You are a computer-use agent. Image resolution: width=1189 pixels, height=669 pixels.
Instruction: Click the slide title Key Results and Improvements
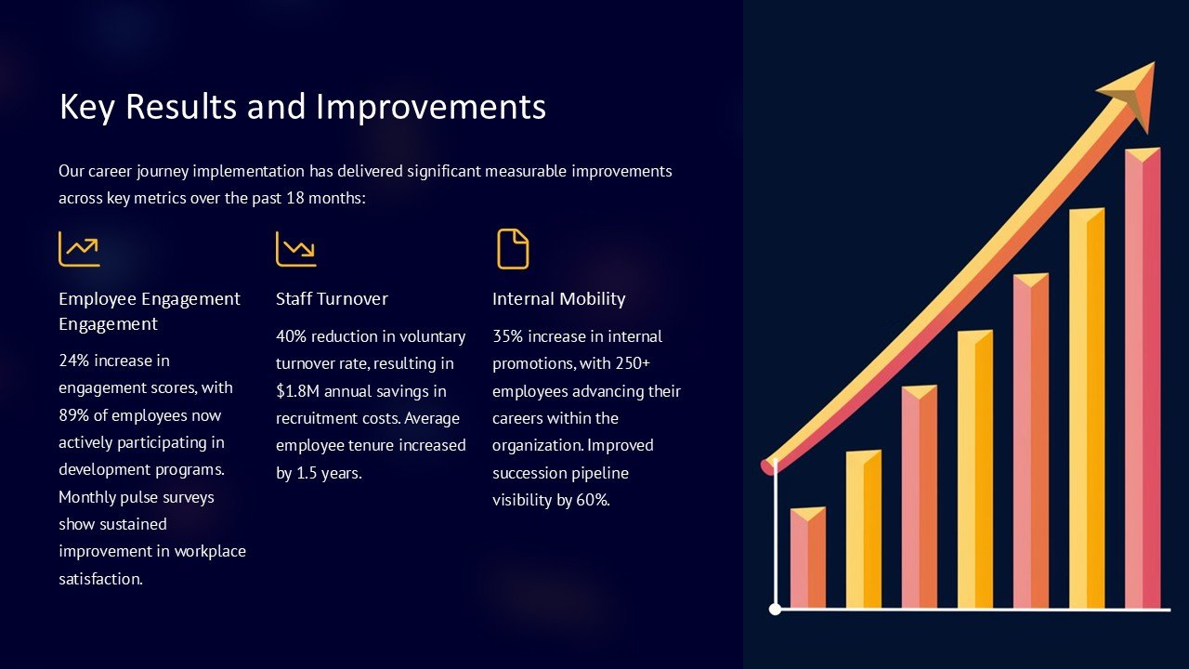coord(302,107)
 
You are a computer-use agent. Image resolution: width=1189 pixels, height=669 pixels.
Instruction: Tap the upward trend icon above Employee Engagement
coord(79,249)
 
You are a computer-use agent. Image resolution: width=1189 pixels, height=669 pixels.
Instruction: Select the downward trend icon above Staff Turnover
coord(296,249)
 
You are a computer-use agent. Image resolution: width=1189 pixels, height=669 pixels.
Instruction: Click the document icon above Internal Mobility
coord(513,249)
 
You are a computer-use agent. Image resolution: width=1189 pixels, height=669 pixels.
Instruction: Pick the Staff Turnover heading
coord(332,298)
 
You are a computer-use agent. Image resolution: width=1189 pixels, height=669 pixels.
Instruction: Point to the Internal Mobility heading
coord(558,298)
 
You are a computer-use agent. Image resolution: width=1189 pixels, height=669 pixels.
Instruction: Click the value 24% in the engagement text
coord(74,361)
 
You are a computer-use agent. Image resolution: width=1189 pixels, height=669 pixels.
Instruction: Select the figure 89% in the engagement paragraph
coord(74,415)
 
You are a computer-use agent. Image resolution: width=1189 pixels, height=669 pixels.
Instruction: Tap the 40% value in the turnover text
coord(292,336)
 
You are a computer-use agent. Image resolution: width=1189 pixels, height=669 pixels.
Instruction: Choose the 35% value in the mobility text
coord(508,336)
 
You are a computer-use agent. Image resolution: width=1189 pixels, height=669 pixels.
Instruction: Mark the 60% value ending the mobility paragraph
coord(591,500)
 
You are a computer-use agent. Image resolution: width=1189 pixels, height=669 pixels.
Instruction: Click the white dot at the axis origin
coord(776,609)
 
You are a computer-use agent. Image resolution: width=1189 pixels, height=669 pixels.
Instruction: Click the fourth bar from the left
coord(974,469)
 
